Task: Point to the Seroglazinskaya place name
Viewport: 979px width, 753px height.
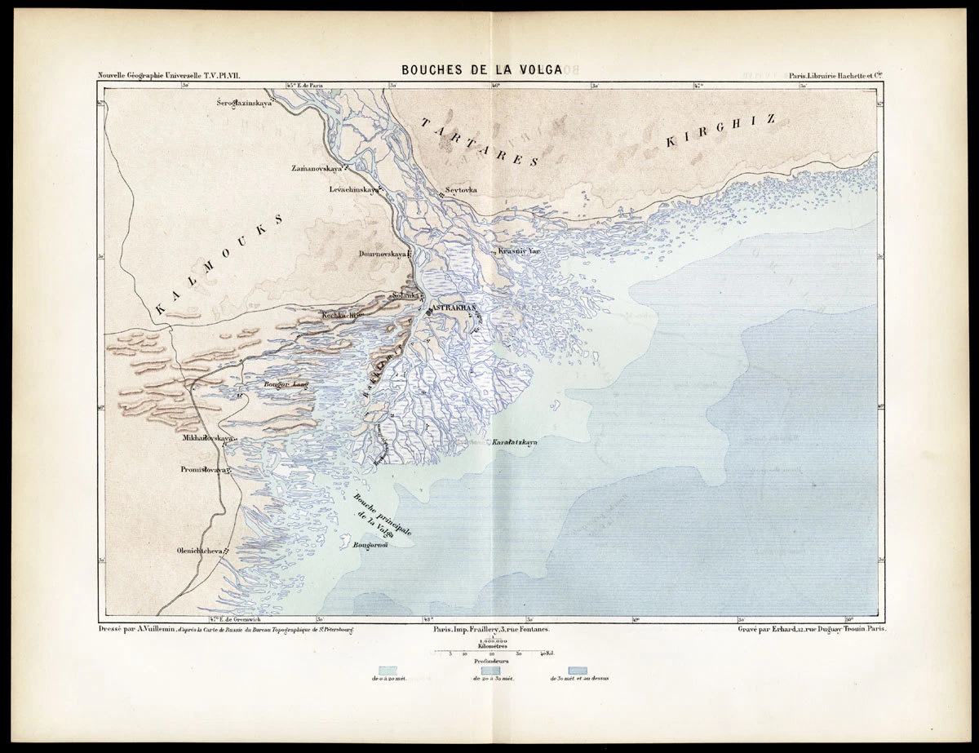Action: [243, 104]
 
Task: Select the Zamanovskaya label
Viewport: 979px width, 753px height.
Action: [315, 168]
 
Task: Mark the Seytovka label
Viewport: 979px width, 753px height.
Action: [461, 189]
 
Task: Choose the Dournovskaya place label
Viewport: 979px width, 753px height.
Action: [383, 254]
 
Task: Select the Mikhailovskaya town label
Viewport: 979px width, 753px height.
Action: [207, 439]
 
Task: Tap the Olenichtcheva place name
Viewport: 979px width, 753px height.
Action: [199, 550]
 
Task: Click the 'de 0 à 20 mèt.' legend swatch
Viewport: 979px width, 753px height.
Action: [388, 669]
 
